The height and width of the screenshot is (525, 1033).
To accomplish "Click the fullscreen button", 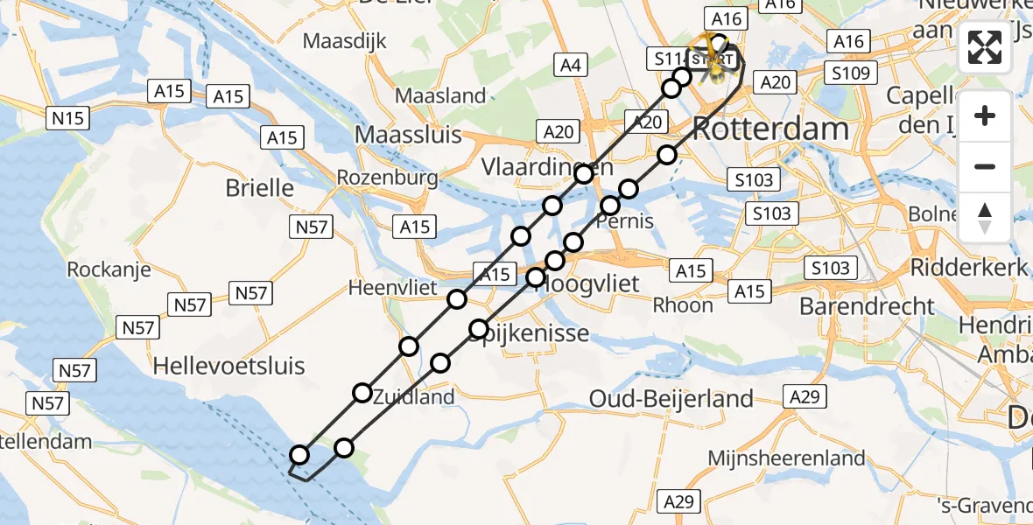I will pos(985,48).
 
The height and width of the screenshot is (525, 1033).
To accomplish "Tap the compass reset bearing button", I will pos(985,218).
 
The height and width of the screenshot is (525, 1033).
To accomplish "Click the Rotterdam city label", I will pos(770,129).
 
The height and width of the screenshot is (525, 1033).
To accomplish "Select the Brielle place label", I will pos(259,187).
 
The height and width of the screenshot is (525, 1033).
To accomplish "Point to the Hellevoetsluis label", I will pos(228,365).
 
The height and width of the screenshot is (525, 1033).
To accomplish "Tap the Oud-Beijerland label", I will pos(671,399).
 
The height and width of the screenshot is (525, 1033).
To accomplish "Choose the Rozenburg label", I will pos(388,178).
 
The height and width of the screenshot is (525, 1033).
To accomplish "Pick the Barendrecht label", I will pos(867,306).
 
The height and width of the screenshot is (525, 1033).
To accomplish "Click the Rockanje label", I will pos(109,269).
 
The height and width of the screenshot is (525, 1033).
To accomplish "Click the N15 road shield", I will pos(67,115).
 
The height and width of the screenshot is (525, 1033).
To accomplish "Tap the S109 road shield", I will pos(851,73).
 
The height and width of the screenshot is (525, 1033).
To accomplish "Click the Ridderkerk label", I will pos(968,267).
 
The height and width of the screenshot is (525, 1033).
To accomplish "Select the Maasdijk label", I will pos(344,41).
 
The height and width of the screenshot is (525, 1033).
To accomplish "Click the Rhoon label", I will pos(683,305).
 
